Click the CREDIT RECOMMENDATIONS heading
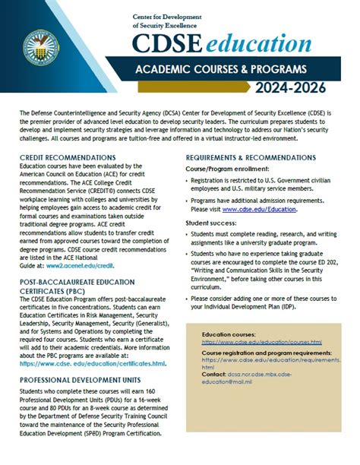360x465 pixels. (68, 157)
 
